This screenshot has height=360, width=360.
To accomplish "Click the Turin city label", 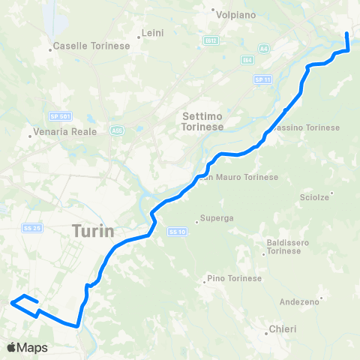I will (94, 232).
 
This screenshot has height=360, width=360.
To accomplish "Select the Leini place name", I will (152, 34).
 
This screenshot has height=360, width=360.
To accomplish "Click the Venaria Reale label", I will (65, 136).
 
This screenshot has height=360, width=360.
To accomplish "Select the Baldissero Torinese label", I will (283, 246).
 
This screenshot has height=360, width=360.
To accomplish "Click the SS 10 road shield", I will (176, 231).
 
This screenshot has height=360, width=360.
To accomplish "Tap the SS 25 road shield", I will (30, 228).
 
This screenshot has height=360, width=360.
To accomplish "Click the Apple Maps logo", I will (27, 347).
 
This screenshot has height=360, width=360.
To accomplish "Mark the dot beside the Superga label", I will (196, 221).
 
